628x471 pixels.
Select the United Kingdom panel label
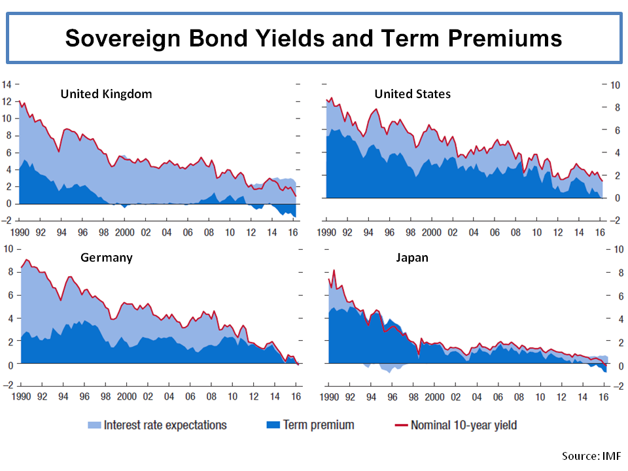click(x=106, y=94)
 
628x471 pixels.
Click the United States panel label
click(x=412, y=94)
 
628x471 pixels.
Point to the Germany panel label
click(x=107, y=258)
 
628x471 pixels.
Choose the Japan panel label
click(x=412, y=258)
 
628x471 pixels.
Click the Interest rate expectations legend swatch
click(x=94, y=425)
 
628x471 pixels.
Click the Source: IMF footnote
click(x=591, y=455)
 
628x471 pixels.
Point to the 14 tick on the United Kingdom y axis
click(x=7, y=84)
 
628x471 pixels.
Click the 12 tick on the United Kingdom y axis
click(x=7, y=101)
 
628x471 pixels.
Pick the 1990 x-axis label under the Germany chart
click(x=22, y=396)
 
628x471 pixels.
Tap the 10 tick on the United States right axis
click(x=615, y=84)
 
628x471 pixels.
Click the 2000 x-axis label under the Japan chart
click(x=431, y=396)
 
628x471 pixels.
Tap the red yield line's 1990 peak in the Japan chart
click(x=334, y=270)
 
